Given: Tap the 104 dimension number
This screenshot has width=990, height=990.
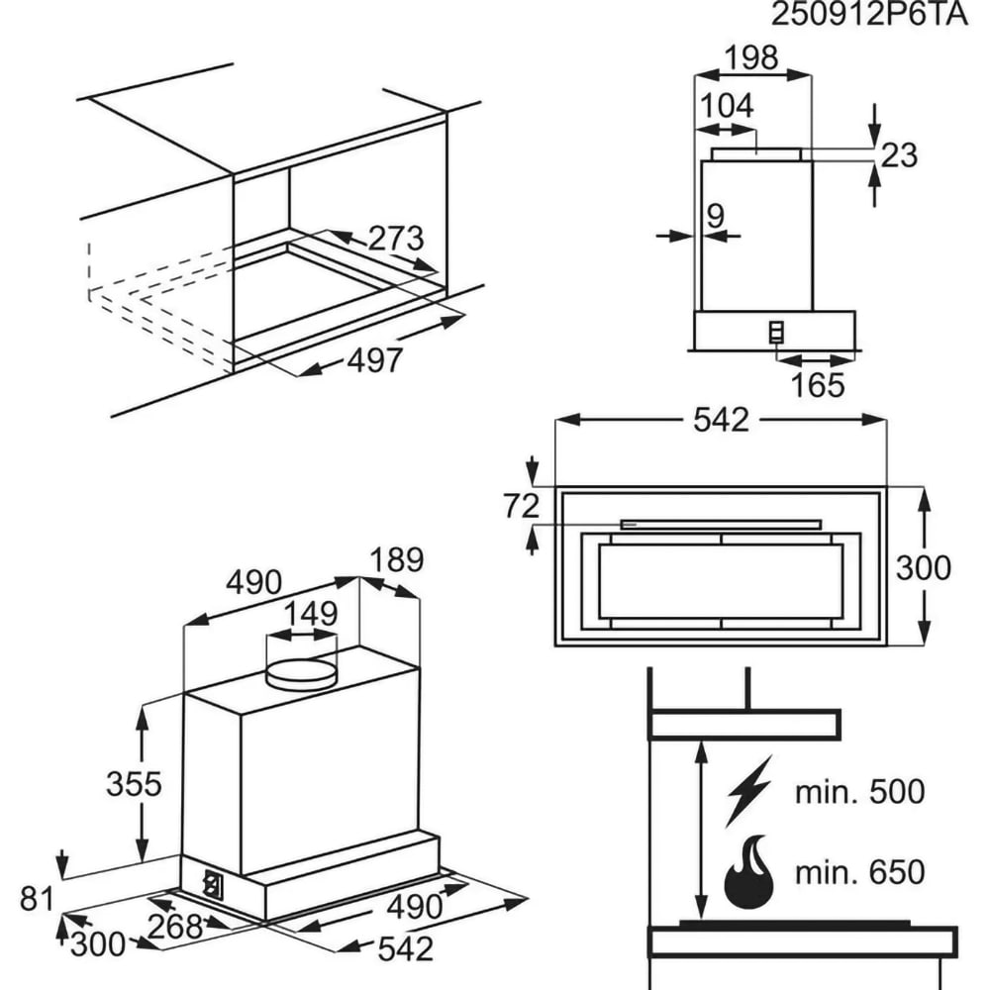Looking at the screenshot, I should coord(728,106).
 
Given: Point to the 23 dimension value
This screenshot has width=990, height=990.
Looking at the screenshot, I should coord(900,155).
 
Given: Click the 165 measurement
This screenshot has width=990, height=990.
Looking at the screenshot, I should coord(818,385).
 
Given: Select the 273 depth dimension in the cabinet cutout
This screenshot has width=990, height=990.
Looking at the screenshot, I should coord(396,240).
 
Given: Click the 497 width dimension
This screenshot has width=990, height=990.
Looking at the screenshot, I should coord(375,361).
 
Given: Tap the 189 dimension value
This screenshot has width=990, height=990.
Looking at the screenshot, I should coord(396,560).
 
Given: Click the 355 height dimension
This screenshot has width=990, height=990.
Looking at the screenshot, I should coord(134,783).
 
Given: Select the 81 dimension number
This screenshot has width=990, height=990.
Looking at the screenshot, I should coord(38,900).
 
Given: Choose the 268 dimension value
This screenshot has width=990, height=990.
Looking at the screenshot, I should coord(175,928).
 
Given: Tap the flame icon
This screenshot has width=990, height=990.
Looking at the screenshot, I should coord(751,872).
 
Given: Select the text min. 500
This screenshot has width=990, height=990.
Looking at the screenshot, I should coord(859,792).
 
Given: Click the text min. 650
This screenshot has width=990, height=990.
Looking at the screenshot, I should coord(859,872).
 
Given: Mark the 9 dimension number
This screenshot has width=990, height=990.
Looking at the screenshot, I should coord(716,214).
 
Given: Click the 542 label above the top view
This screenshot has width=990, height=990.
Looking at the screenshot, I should coord(721,420).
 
